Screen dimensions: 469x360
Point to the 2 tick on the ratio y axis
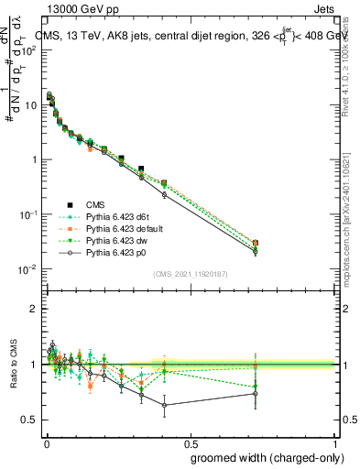[34, 310]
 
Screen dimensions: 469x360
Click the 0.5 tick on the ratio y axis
[30, 420]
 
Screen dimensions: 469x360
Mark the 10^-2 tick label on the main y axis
[27, 269]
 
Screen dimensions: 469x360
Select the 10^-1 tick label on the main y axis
[27, 214]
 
